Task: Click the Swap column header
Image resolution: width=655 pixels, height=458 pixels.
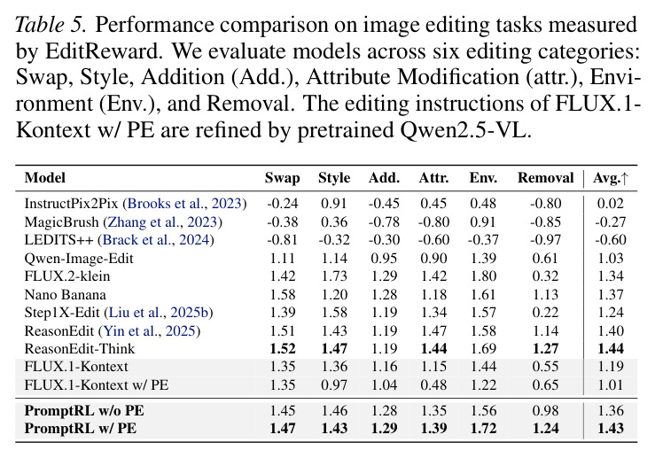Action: click(x=283, y=178)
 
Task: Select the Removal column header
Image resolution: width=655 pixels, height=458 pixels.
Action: click(x=546, y=178)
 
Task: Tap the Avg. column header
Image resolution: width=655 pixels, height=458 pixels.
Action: click(x=611, y=178)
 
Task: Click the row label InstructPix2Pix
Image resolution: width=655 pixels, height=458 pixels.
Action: click(x=72, y=204)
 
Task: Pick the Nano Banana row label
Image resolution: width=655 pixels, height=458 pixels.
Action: click(x=66, y=295)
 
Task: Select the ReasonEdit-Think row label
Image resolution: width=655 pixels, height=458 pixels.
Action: click(x=80, y=349)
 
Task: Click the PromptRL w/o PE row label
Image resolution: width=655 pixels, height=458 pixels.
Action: click(x=84, y=410)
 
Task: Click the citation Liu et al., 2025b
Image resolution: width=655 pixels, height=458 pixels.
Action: click(x=159, y=313)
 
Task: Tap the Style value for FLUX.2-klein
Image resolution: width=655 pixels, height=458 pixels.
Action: click(x=334, y=276)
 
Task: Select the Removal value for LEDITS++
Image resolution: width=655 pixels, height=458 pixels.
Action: click(x=546, y=240)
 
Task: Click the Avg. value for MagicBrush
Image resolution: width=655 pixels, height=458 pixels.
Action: click(x=611, y=221)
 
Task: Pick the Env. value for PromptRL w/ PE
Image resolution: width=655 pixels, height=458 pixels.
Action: click(x=483, y=429)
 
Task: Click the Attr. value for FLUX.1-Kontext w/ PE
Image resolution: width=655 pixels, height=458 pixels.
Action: click(x=433, y=385)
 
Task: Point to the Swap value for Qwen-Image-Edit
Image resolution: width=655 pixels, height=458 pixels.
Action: click(x=283, y=259)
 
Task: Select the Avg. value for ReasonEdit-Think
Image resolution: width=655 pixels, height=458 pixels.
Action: click(x=611, y=349)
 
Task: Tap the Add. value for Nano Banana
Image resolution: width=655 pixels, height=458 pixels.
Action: click(x=385, y=295)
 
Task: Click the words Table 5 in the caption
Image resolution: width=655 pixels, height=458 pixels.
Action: click(x=51, y=25)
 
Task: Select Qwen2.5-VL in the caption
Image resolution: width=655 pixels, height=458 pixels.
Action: click(x=466, y=131)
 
